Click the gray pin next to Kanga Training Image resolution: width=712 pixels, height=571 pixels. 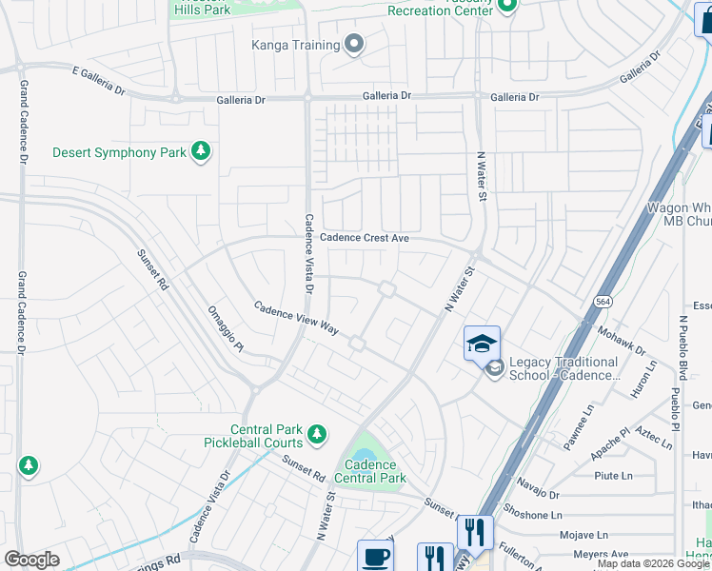(354, 45)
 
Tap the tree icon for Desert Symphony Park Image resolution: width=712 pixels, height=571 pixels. (200, 151)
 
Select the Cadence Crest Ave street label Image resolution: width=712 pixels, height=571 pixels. (365, 238)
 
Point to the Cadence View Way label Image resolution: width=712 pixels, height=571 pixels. (296, 317)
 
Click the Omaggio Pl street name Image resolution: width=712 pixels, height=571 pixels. (227, 327)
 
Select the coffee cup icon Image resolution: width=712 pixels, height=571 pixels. (374, 556)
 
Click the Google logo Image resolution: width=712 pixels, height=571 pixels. (32, 560)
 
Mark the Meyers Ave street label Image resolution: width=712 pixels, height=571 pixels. (594, 554)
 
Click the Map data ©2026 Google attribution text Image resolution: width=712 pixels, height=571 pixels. (653, 563)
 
